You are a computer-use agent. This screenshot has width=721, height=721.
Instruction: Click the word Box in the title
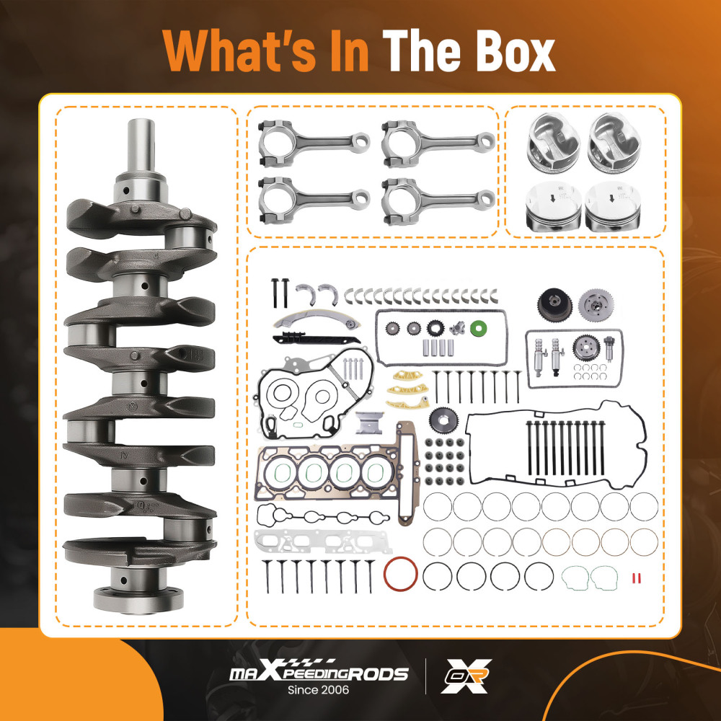point(510,50)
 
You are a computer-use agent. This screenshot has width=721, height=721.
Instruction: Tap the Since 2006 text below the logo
point(318,690)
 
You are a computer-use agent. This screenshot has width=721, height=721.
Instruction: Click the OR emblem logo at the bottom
point(466,676)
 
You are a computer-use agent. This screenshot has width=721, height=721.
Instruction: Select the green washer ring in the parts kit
point(479,328)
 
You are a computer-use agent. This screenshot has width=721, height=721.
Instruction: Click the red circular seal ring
point(400,575)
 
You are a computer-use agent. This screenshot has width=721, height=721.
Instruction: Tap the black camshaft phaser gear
point(554,304)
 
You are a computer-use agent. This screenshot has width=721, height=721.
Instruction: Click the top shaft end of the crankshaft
point(141,147)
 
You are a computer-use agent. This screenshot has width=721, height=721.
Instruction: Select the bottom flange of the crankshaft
point(139,600)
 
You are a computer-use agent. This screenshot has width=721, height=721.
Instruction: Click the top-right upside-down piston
point(614,143)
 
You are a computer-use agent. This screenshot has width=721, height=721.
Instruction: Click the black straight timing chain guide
point(317,339)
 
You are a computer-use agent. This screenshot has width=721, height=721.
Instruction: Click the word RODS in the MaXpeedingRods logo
point(376,674)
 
